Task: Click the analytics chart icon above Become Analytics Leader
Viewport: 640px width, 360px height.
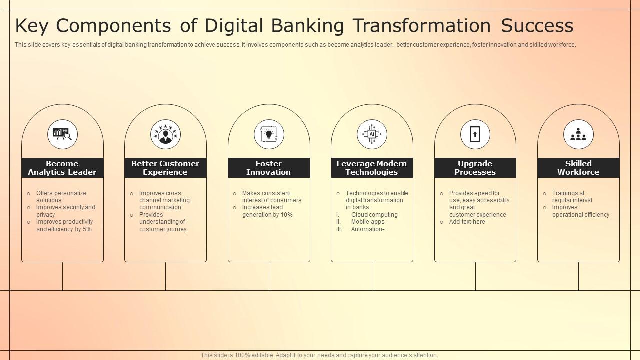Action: pos(62,134)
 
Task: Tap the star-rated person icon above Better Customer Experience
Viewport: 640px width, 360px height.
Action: pos(165,134)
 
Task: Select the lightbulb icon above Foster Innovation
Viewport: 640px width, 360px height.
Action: pos(269,134)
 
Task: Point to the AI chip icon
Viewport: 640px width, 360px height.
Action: pos(372,134)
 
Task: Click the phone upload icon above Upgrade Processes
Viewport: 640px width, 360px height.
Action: pos(475,134)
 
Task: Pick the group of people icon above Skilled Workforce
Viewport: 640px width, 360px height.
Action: pos(578,134)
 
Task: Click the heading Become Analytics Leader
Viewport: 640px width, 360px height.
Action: pos(62,168)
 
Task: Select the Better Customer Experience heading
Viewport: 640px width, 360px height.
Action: pos(165,168)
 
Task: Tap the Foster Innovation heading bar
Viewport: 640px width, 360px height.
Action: pos(269,168)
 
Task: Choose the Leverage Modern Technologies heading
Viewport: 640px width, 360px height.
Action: pos(372,168)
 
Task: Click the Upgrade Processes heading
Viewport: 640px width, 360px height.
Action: pos(475,168)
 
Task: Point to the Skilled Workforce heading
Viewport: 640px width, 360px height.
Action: pos(578,168)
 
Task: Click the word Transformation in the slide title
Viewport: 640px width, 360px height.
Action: pos(422,25)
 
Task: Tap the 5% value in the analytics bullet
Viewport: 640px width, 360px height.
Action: pos(87,229)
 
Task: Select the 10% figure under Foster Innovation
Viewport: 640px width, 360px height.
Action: pos(286,215)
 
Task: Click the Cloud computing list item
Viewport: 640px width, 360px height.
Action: pos(374,215)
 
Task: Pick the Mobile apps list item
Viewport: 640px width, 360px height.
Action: pos(368,222)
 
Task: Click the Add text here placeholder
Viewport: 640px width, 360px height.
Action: pos(467,222)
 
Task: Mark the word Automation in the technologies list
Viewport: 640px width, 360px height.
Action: pos(367,229)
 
